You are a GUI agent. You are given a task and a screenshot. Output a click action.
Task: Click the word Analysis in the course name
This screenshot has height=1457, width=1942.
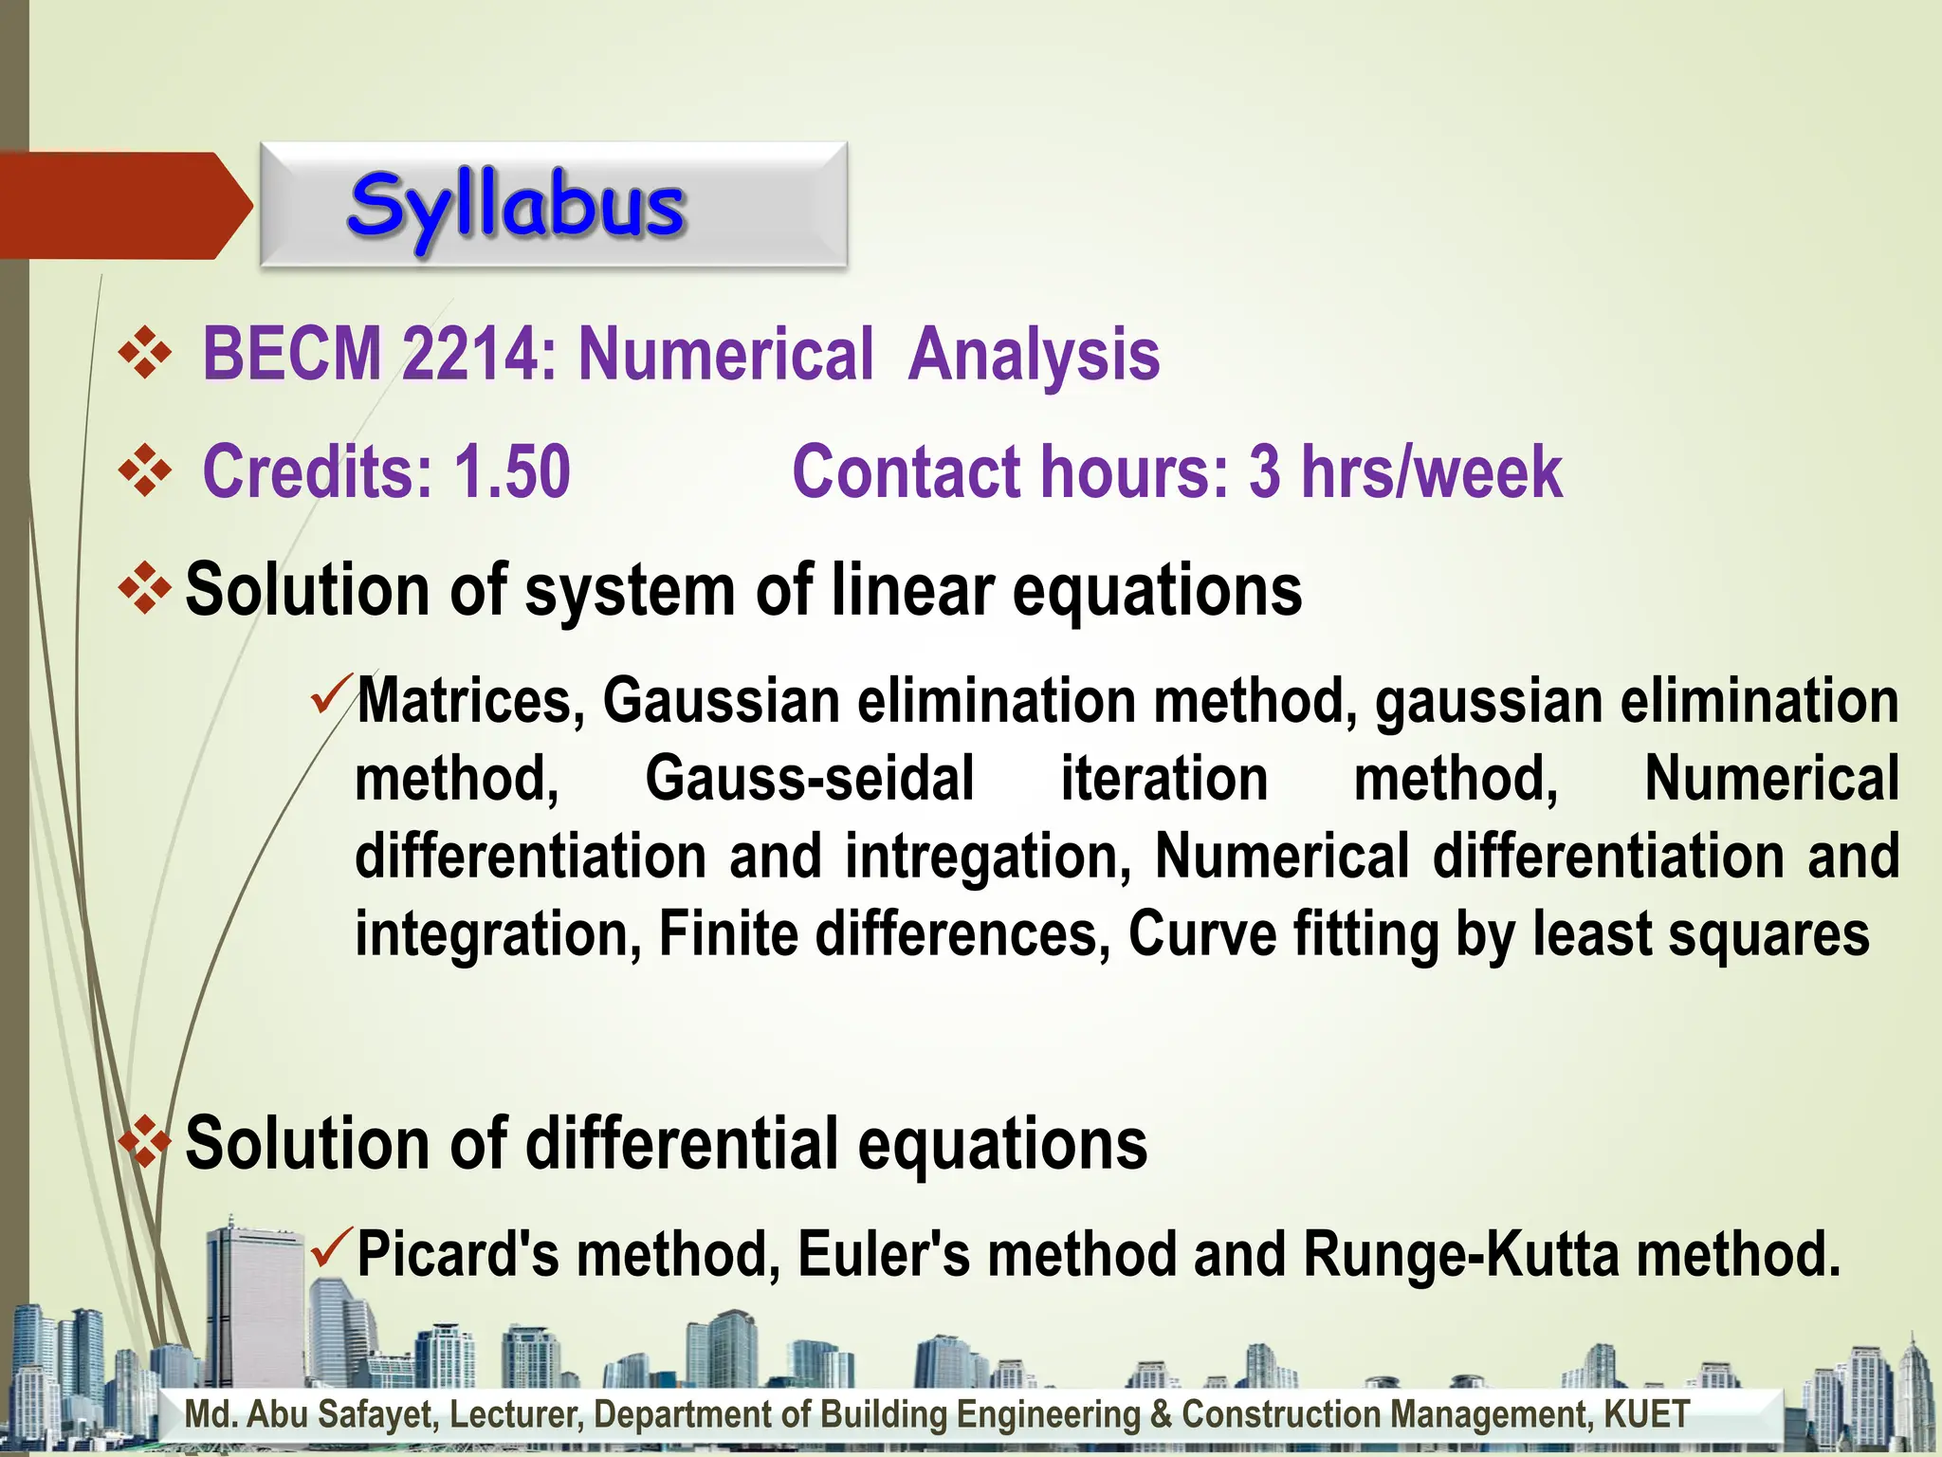pyautogui.click(x=1033, y=354)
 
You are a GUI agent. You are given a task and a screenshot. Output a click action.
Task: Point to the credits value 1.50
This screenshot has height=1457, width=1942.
pyautogui.click(x=512, y=471)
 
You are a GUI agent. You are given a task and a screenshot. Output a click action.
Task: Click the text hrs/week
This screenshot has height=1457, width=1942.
pyautogui.click(x=1431, y=471)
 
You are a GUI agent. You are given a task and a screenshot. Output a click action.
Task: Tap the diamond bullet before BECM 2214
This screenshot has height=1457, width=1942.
pyautogui.click(x=145, y=354)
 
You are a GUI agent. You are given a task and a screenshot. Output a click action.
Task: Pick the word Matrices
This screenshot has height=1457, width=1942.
pyautogui.click(x=469, y=702)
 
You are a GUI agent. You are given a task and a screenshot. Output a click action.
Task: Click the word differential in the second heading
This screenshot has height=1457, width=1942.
pyautogui.click(x=682, y=1143)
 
